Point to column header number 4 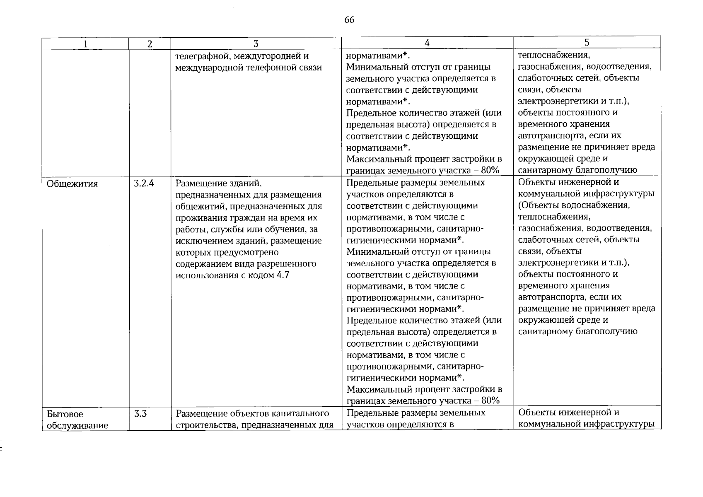[x=427, y=43]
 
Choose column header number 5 [x=587, y=42]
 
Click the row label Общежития [x=72, y=183]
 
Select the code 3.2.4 [x=144, y=183]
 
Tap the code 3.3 [x=140, y=413]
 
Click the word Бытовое [x=65, y=414]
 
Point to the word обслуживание [x=77, y=425]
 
